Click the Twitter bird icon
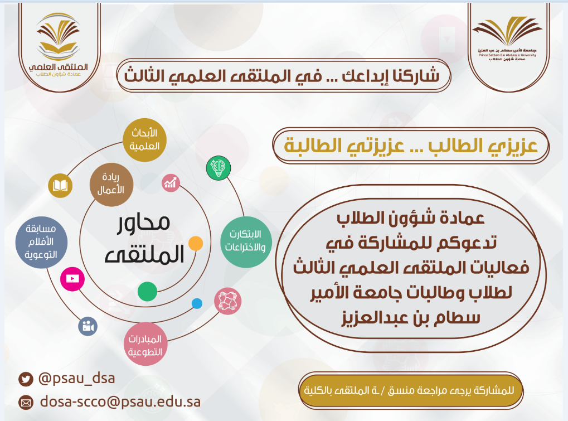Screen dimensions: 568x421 [x=26, y=379]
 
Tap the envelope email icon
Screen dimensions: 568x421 [x=26, y=403]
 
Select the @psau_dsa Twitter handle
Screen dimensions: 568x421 [x=77, y=378]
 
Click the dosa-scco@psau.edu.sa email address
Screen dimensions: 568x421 [x=120, y=402]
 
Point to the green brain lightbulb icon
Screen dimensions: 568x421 [x=219, y=168]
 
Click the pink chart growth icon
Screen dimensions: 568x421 [x=171, y=182]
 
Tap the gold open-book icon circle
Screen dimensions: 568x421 [x=60, y=186]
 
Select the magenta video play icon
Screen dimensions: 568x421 [x=72, y=279]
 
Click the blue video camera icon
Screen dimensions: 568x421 [x=88, y=326]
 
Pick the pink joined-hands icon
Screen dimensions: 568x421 [x=227, y=301]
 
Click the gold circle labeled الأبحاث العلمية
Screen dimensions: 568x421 [x=144, y=140]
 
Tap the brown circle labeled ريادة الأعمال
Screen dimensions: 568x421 [x=111, y=185]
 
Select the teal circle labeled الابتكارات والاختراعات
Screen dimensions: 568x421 [x=246, y=242]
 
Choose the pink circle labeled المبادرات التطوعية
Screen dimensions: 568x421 [x=145, y=344]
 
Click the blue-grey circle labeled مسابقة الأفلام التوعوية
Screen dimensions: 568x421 [x=41, y=243]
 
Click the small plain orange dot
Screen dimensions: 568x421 [x=196, y=243]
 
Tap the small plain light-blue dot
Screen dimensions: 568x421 [x=197, y=303]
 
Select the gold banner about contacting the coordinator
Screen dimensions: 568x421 [x=411, y=390]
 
